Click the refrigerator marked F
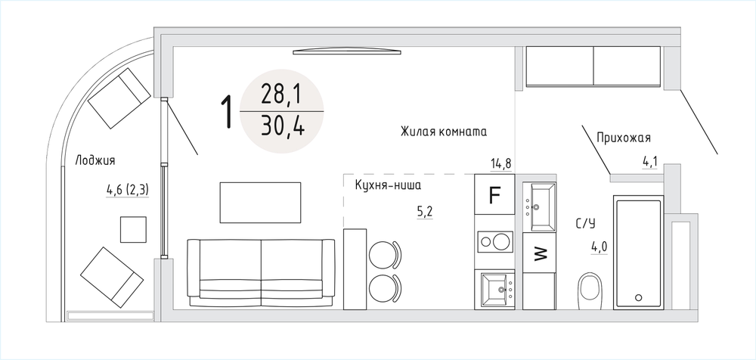coord(494,194)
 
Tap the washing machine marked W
coord(540,253)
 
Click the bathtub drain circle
coord(640,298)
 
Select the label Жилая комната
coord(443,132)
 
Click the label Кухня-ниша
coord(388,185)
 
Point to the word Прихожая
coord(624,138)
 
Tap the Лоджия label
coord(95,160)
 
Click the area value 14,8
coord(501,164)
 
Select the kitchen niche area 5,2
coord(425,212)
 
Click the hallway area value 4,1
coord(650,162)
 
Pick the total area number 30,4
coord(283,126)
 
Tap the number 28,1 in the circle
coord(280,95)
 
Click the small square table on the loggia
coord(133,230)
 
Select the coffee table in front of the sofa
coord(260,203)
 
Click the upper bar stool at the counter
coord(385,253)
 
